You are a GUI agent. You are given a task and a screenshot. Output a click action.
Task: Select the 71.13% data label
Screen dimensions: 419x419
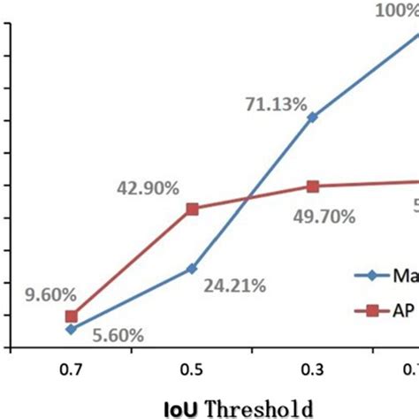coord(277,105)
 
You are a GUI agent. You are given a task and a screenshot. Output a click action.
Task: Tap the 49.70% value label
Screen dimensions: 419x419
coord(324,216)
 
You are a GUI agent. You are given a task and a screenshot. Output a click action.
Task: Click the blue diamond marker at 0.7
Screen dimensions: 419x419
coord(72,329)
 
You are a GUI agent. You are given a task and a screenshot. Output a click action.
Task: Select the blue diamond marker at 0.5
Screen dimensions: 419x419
coord(192,268)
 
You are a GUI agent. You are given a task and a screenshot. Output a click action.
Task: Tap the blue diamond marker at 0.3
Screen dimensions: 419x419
coord(312,117)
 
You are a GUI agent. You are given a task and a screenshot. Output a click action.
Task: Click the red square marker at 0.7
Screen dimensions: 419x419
coord(72,316)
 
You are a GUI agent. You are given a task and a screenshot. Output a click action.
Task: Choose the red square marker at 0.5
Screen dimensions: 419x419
coord(192,209)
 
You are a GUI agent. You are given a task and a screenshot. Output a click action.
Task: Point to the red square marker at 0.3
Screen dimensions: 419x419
coord(312,186)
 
